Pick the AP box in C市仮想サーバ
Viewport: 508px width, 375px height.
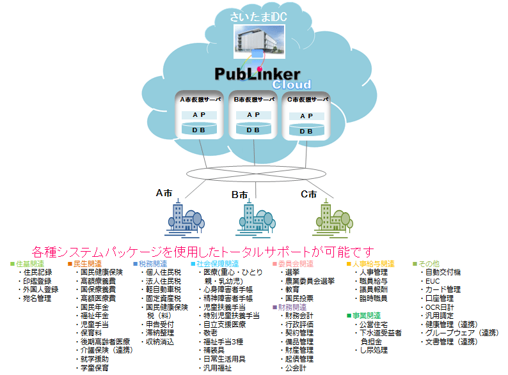(306, 116)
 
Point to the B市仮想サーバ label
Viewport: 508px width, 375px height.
(253, 100)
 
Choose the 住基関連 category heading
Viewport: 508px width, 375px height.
(29, 264)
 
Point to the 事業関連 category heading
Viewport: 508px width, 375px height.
(366, 316)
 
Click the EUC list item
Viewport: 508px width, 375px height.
(433, 280)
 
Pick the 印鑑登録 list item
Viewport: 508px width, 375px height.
(38, 280)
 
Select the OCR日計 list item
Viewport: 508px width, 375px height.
(439, 307)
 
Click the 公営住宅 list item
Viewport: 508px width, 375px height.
(374, 325)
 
